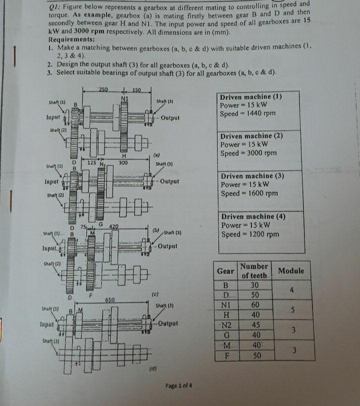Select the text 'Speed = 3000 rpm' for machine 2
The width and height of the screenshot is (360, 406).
248,153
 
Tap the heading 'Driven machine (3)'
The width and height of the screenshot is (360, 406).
252,176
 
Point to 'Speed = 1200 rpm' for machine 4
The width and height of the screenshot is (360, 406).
249,234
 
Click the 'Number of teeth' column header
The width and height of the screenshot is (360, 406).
254,271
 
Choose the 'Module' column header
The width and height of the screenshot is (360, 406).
291,271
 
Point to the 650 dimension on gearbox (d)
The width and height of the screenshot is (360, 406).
111,300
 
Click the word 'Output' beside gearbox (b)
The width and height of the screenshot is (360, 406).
170,181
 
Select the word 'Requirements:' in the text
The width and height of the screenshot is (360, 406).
71,39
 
